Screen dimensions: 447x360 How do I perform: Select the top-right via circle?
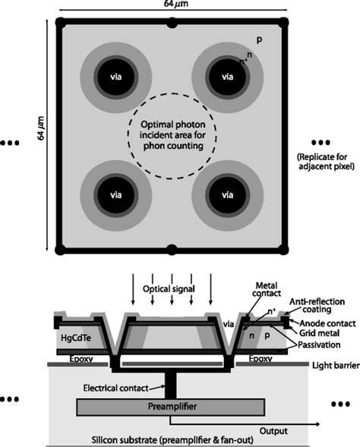click(226, 76)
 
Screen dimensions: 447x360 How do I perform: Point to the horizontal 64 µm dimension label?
click(170, 7)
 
